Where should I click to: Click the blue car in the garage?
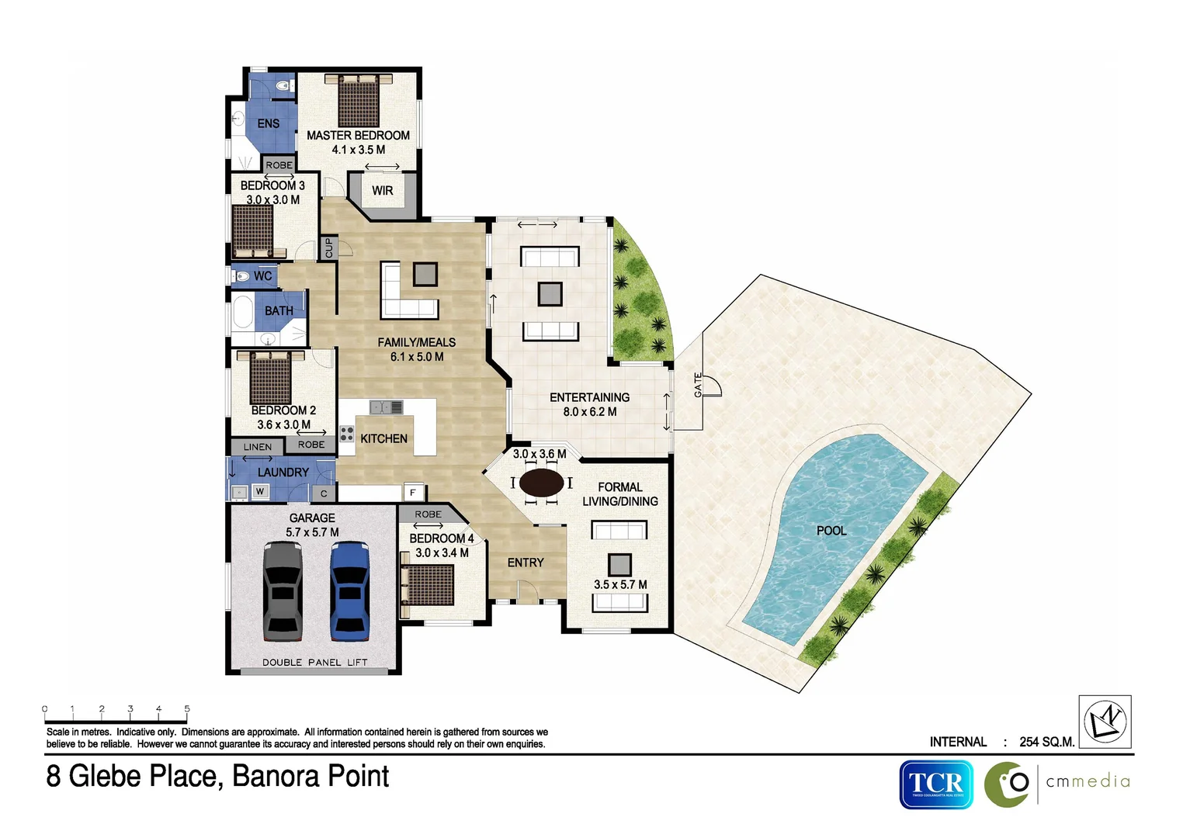tap(349, 590)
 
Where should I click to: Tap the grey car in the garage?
tap(283, 590)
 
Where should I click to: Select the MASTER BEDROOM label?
tap(358, 136)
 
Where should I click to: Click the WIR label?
tap(382, 191)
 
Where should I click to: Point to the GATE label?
tap(698, 385)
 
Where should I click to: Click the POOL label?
tap(831, 531)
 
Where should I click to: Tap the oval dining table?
tap(541, 483)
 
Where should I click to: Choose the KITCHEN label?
tap(383, 439)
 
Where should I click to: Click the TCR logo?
tap(936, 784)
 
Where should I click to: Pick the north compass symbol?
tap(1105, 721)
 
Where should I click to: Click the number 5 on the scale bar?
tap(187, 708)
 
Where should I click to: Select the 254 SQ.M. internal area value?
tap(1046, 742)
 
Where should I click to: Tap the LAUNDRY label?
tap(283, 473)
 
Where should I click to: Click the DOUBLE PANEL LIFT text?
tap(314, 663)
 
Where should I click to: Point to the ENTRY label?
tap(526, 563)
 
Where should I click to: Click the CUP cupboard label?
tap(328, 248)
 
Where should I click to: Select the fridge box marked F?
tap(413, 493)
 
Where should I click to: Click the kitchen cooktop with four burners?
tap(347, 434)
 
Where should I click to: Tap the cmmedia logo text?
tap(1088, 782)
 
